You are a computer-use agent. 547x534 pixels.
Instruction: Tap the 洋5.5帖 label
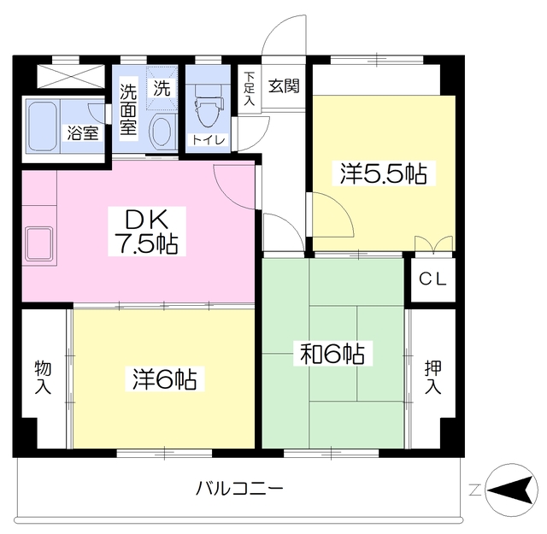tap(383, 173)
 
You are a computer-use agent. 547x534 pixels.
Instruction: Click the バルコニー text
tap(239, 490)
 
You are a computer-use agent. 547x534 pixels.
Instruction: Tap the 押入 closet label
tap(432, 377)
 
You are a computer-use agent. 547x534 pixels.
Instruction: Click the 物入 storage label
tap(43, 377)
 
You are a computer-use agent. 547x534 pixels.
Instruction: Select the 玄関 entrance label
tap(283, 86)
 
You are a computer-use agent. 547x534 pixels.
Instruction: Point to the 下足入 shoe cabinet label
tap(249, 88)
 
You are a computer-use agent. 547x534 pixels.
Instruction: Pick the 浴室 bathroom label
tap(84, 133)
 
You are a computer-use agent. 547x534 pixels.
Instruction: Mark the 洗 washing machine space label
tap(162, 87)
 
